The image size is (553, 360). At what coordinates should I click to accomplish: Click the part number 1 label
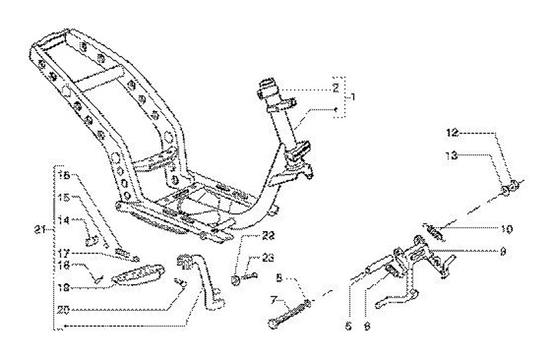(x=353, y=98)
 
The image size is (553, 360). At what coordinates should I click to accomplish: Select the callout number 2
(x=336, y=89)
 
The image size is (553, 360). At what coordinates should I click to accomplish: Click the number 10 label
(x=507, y=229)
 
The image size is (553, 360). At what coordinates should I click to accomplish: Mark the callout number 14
(x=65, y=220)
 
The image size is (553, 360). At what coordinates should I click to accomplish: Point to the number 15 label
(x=65, y=197)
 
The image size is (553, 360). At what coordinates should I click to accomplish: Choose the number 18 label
(x=65, y=286)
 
